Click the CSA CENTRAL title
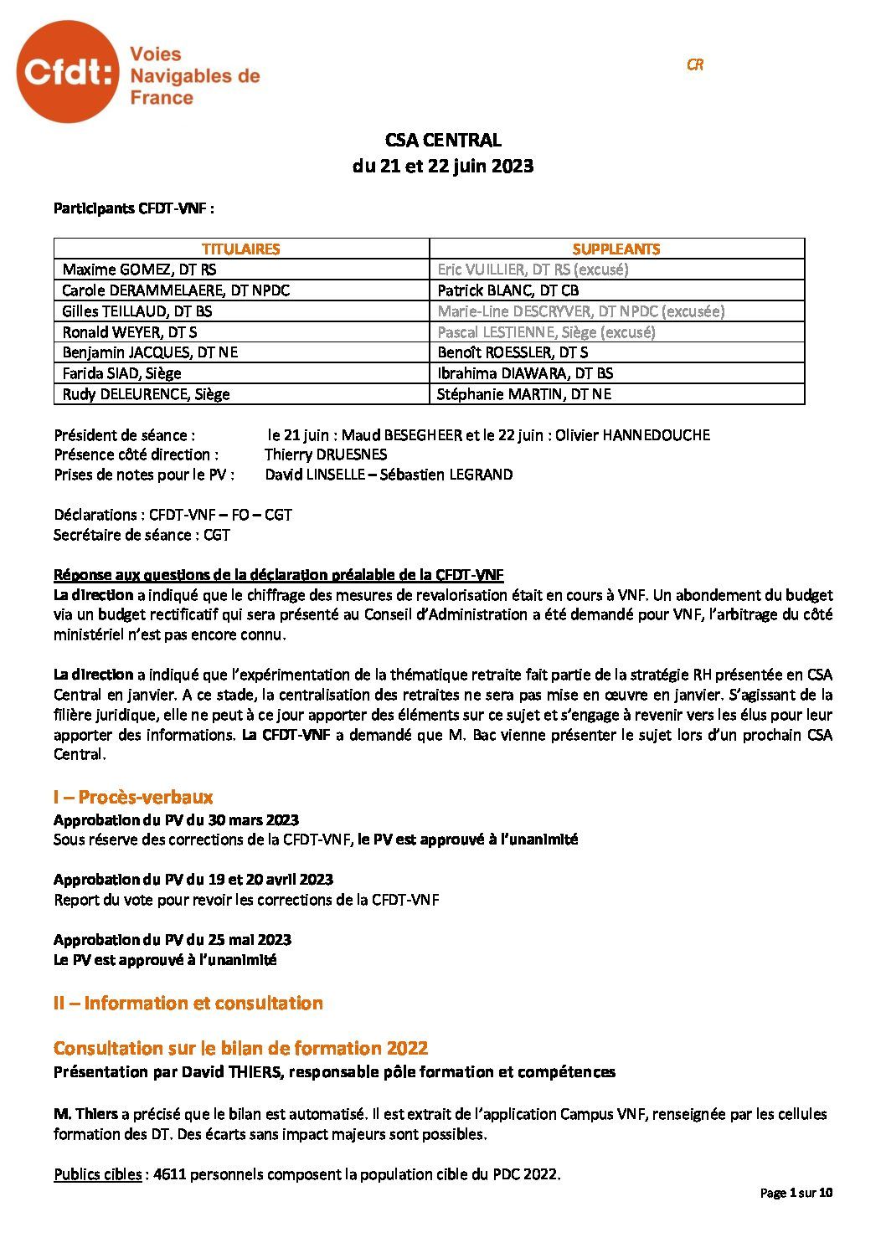(x=442, y=141)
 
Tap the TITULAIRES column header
(x=241, y=249)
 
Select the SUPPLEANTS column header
(x=616, y=249)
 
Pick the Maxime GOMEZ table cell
(x=139, y=270)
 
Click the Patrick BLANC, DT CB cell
(x=507, y=290)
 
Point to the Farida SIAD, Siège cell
(x=121, y=373)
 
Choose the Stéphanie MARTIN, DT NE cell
(x=524, y=394)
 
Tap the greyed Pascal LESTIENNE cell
(x=546, y=331)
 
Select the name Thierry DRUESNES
(x=326, y=454)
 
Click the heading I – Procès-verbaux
(x=133, y=797)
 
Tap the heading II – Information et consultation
(x=188, y=1003)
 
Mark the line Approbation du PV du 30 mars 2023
(x=176, y=819)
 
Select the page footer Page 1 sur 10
(x=796, y=1193)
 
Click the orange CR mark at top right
(x=694, y=64)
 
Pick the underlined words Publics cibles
(x=97, y=1174)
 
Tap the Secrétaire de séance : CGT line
(x=142, y=535)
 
